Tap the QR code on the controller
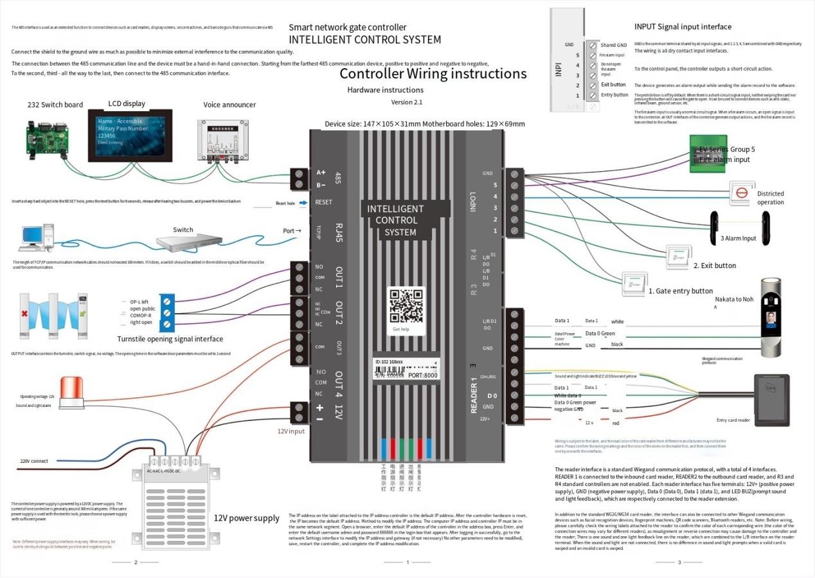point(407,305)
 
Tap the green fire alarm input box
point(708,154)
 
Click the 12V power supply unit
point(168,492)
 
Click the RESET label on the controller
point(324,202)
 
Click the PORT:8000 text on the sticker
point(423,374)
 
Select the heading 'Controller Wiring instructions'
point(433,73)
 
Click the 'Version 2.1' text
point(406,102)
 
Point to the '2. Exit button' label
point(714,266)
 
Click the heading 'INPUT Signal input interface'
point(683,27)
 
